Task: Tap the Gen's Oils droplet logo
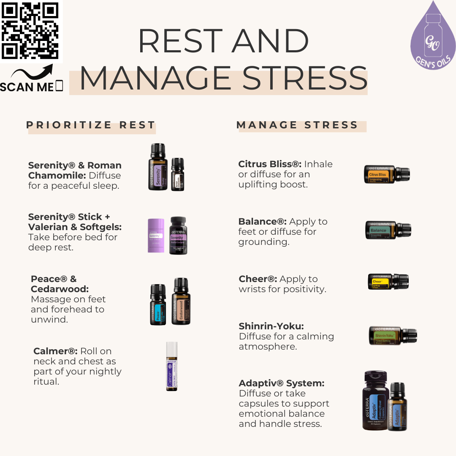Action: click(433, 38)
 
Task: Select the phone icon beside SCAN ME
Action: click(59, 86)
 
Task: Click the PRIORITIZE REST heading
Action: click(91, 125)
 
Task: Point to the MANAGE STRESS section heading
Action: click(297, 125)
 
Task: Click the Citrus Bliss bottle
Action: click(386, 174)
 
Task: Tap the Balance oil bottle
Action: click(388, 230)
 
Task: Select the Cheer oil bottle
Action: click(388, 282)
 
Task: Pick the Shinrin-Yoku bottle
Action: click(392, 336)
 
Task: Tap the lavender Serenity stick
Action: click(156, 236)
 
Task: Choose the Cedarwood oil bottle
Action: click(181, 301)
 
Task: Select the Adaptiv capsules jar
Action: click(375, 400)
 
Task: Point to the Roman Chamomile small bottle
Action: click(178, 174)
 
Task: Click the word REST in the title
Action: click(182, 41)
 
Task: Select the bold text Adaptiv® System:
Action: click(282, 383)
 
